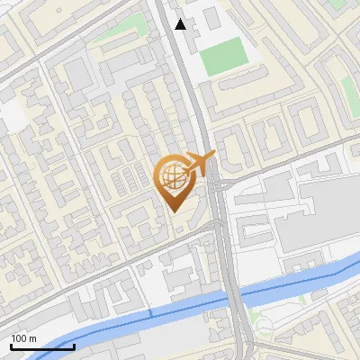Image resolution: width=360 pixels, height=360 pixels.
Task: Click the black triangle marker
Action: point(181,24)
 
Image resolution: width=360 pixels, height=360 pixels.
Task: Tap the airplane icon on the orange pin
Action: point(199,164)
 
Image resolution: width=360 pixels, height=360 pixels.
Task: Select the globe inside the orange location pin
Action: point(172,177)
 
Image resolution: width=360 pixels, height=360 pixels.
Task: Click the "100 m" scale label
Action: point(23,338)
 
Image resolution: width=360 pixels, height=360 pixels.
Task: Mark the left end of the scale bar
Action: point(11,346)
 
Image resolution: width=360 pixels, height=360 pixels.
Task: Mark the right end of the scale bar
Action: point(74,346)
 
